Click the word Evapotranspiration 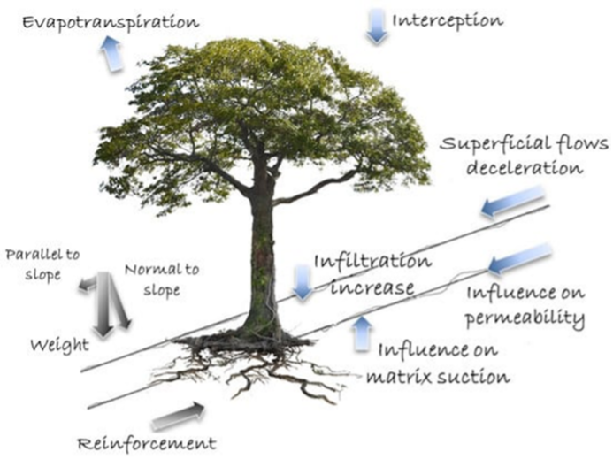pos(111,23)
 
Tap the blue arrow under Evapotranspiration pos(111,53)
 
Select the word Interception pos(448,20)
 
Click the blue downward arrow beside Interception pos(376,26)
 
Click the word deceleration pos(525,168)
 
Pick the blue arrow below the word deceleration pos(512,201)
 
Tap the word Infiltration pos(373,262)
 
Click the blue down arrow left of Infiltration pos(303,282)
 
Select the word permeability pos(525,318)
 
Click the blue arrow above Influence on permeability pos(520,258)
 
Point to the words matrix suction pos(438,377)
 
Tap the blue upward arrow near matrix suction pos(363,333)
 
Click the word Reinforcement pos(146,444)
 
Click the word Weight pos(60,346)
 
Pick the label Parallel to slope pos(42,264)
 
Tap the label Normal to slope pos(162,279)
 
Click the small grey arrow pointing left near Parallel pos(88,285)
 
